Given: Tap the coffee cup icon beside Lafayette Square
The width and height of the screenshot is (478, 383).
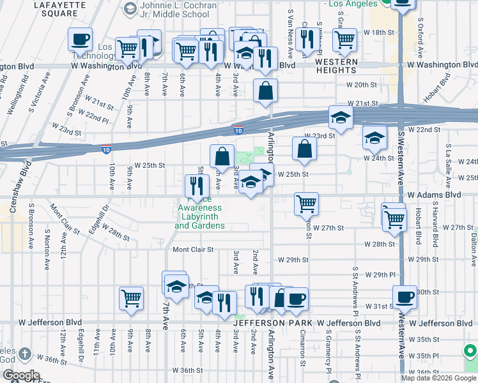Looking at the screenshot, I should tap(81, 40).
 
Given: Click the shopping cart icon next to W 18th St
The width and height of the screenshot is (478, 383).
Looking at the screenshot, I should tap(344, 40).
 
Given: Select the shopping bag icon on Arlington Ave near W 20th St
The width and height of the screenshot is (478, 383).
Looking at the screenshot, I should tap(265, 91).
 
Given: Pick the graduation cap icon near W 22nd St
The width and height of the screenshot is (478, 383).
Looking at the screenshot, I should tap(341, 117).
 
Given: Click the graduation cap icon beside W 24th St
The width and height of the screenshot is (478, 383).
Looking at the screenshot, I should tap(374, 137).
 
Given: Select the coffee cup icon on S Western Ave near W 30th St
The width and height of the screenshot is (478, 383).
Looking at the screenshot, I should tap(405, 297).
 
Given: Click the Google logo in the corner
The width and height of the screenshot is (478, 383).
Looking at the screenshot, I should tap(22, 375).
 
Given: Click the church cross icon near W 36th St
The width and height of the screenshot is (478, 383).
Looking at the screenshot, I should tap(24, 354).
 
